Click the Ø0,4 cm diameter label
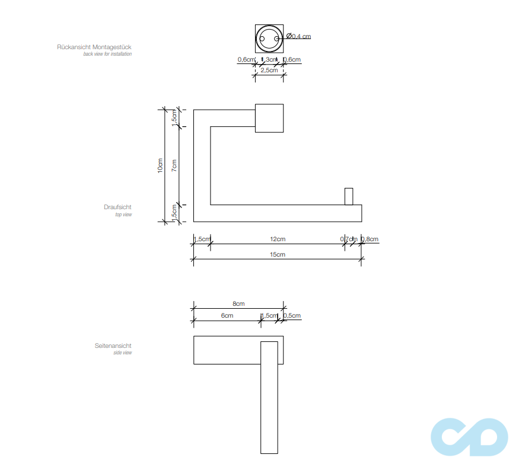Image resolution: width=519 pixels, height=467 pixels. click(298, 36)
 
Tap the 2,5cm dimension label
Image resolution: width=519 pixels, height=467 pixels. click(269, 70)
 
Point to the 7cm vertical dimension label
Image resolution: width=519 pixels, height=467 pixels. click(174, 165)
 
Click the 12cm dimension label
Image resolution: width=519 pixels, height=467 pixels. click(278, 239)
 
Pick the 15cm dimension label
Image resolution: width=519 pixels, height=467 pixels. click(278, 254)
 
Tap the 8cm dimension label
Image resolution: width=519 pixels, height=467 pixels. click(238, 303)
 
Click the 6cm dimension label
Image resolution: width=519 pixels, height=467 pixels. click(227, 315)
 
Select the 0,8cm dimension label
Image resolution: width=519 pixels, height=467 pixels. click(370, 239)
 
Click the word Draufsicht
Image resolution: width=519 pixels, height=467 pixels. click(117, 207)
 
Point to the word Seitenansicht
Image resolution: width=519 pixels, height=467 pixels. click(113, 346)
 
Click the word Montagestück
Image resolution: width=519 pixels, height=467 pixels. click(112, 46)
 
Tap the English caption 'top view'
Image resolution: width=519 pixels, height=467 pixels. click(123, 215)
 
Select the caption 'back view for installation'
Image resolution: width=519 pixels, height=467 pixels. click(107, 54)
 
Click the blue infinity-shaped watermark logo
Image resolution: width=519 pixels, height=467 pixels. click(469, 437)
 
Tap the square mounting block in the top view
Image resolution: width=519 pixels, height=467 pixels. click(269, 118)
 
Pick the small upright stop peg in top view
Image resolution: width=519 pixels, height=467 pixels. click(349, 197)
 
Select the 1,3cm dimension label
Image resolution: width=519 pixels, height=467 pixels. click(270, 59)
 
